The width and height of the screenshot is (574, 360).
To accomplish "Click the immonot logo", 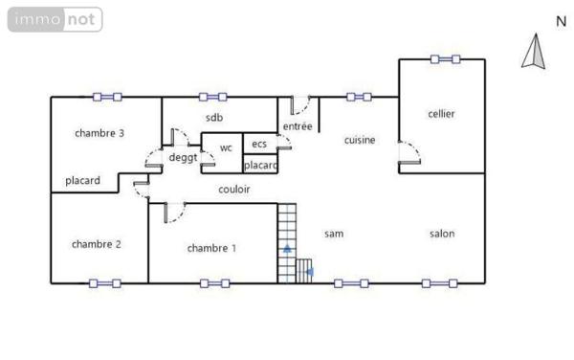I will pos(55,18).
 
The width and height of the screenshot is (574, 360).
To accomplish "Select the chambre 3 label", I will pos(99,133).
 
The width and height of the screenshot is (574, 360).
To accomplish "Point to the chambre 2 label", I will pos(96,244).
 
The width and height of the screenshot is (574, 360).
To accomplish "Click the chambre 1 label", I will pos(211,248).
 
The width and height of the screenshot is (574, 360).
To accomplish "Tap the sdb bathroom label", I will pos(213,118).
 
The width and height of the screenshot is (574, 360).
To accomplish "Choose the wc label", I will pos(226,147).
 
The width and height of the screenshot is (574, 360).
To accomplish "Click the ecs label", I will pos(259,144).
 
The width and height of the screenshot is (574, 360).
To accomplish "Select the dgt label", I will pos(183,158).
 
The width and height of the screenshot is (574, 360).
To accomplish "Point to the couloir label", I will pos(234,190).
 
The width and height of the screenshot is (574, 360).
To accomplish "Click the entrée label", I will pos(298,126).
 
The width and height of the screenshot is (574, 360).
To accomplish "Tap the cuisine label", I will pos(360,140).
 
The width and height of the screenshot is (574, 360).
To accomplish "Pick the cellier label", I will pos(441,114).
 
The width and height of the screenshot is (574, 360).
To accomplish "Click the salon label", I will pos(441,234).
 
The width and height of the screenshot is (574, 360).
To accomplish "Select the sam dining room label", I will pos(334,234).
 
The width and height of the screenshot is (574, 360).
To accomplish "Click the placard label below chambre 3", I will pos(82,180).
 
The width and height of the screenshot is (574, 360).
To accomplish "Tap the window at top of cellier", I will pos(445,59).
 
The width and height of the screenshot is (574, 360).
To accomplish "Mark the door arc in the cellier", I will pos(410,153).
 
